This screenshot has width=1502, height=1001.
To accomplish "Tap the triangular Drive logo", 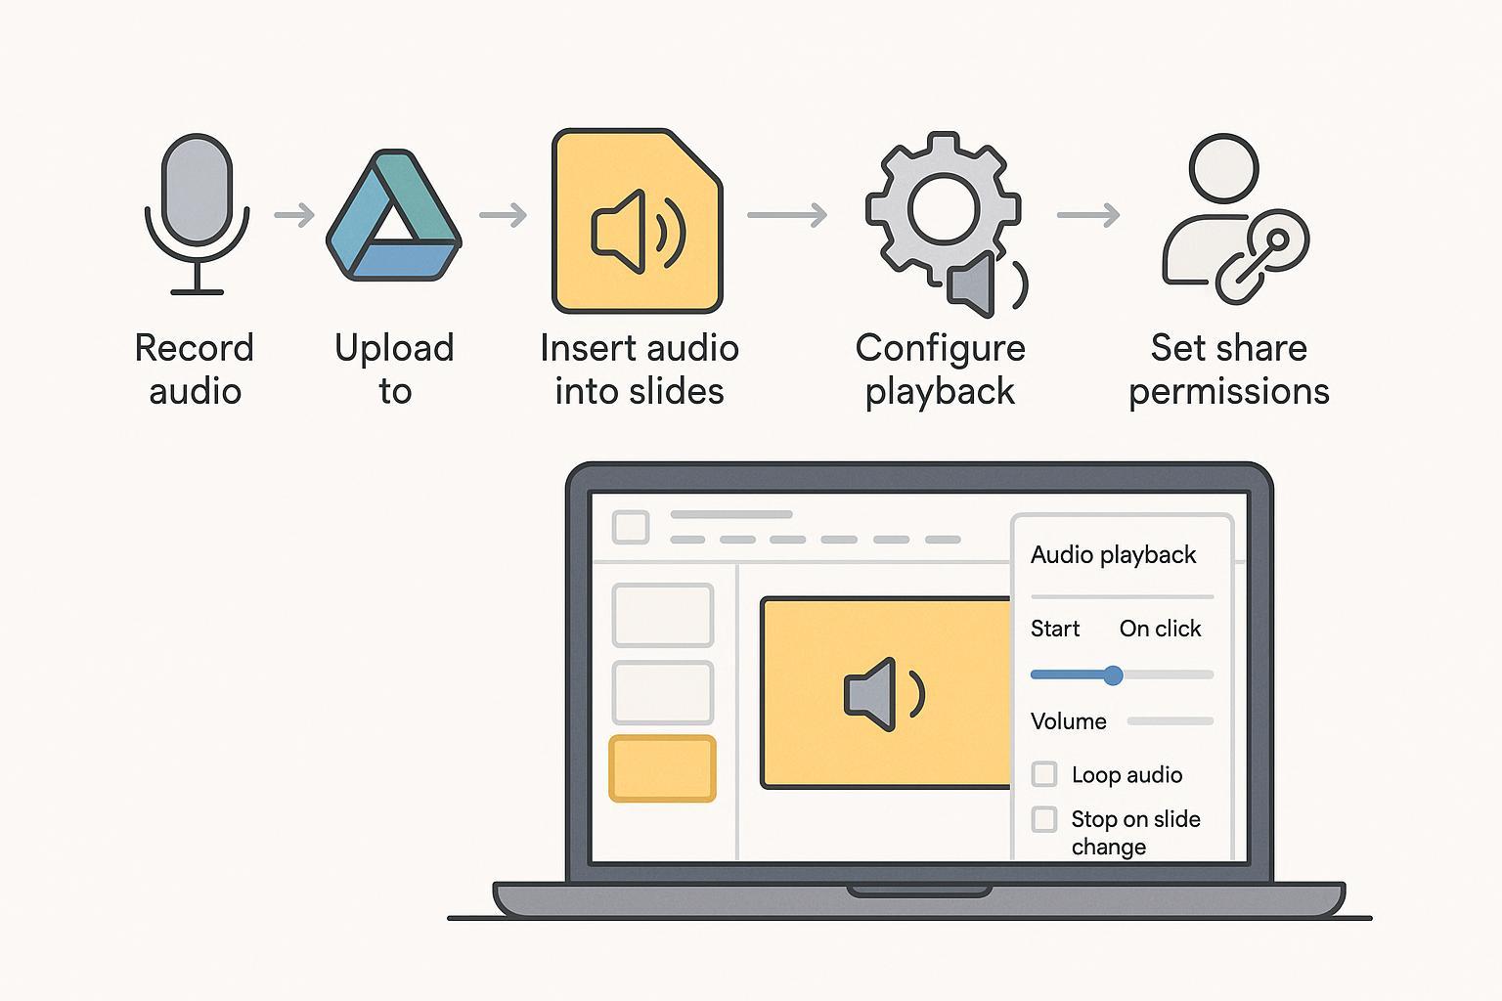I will pyautogui.click(x=393, y=216).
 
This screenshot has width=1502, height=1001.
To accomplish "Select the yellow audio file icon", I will pyautogui.click(x=638, y=222).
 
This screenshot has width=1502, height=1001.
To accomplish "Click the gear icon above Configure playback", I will pyautogui.click(x=943, y=208).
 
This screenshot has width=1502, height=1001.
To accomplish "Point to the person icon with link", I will pyautogui.click(x=1232, y=221).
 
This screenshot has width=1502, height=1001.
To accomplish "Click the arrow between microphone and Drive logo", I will pyautogui.click(x=294, y=215).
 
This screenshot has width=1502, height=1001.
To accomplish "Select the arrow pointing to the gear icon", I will pyautogui.click(x=787, y=215).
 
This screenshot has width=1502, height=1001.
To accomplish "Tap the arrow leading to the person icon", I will pyautogui.click(x=1088, y=215).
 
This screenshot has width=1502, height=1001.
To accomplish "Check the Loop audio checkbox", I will pyautogui.click(x=1044, y=774).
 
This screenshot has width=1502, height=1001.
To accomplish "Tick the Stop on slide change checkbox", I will pyautogui.click(x=1044, y=819).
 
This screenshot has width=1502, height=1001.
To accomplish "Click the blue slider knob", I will pyautogui.click(x=1113, y=675).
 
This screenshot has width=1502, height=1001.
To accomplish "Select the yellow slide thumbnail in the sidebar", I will pyautogui.click(x=662, y=769).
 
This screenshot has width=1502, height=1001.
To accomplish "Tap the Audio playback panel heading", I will pyautogui.click(x=1113, y=554).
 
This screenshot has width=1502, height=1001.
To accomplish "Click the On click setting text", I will pyautogui.click(x=1160, y=629).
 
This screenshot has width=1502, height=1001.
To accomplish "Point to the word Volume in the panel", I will pyautogui.click(x=1068, y=721).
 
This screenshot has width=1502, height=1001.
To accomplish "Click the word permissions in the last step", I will pyautogui.click(x=1228, y=391).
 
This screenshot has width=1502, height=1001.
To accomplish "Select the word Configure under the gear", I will pyautogui.click(x=940, y=348).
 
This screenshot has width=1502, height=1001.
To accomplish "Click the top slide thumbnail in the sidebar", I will pyautogui.click(x=662, y=615).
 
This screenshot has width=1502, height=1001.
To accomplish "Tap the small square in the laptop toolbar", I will pyautogui.click(x=631, y=527).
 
